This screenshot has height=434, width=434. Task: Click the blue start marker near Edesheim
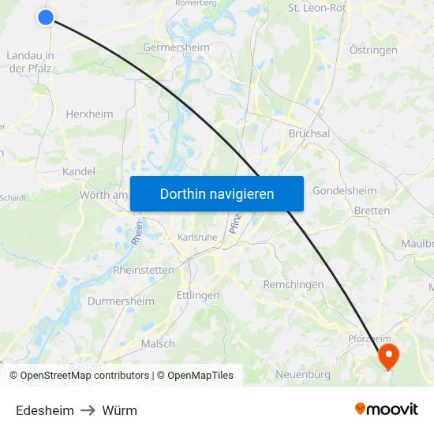(x=46, y=17)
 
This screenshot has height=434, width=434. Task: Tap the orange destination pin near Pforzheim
(x=388, y=355)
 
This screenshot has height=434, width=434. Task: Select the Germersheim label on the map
(x=176, y=47)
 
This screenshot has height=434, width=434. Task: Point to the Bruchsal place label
(x=309, y=133)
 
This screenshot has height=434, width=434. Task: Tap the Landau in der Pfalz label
(x=30, y=62)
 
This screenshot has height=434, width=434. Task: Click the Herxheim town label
(x=89, y=114)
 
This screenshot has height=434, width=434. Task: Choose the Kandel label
(x=78, y=171)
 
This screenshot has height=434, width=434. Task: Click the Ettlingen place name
(x=198, y=295)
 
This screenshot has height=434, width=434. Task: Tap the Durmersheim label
(x=121, y=301)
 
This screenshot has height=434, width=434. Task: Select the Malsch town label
(x=158, y=343)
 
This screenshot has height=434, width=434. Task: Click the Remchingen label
(x=294, y=284)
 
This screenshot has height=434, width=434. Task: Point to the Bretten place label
(x=372, y=211)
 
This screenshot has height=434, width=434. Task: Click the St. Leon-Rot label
(x=317, y=8)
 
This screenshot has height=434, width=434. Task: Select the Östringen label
(x=373, y=50)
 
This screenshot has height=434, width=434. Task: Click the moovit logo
(x=386, y=410)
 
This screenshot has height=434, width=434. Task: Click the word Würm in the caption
(x=119, y=410)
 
